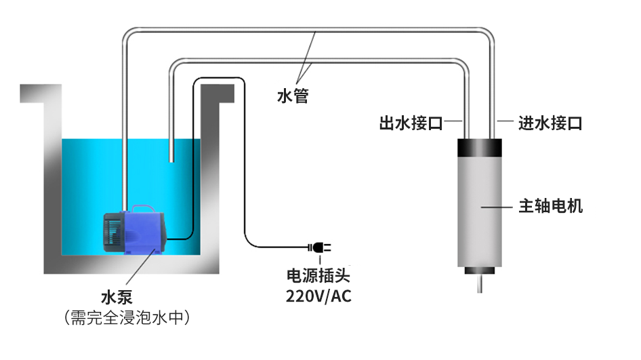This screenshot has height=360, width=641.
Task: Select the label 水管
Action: [x=293, y=96]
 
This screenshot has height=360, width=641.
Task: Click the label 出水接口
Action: [x=411, y=123]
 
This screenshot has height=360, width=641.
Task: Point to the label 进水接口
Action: [x=550, y=123]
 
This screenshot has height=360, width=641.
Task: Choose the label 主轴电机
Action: [x=550, y=205]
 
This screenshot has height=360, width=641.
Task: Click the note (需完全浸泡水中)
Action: [x=125, y=317]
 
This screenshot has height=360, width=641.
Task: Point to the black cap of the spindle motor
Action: [x=482, y=147]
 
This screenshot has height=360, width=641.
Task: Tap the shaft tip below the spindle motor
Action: [x=481, y=284]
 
